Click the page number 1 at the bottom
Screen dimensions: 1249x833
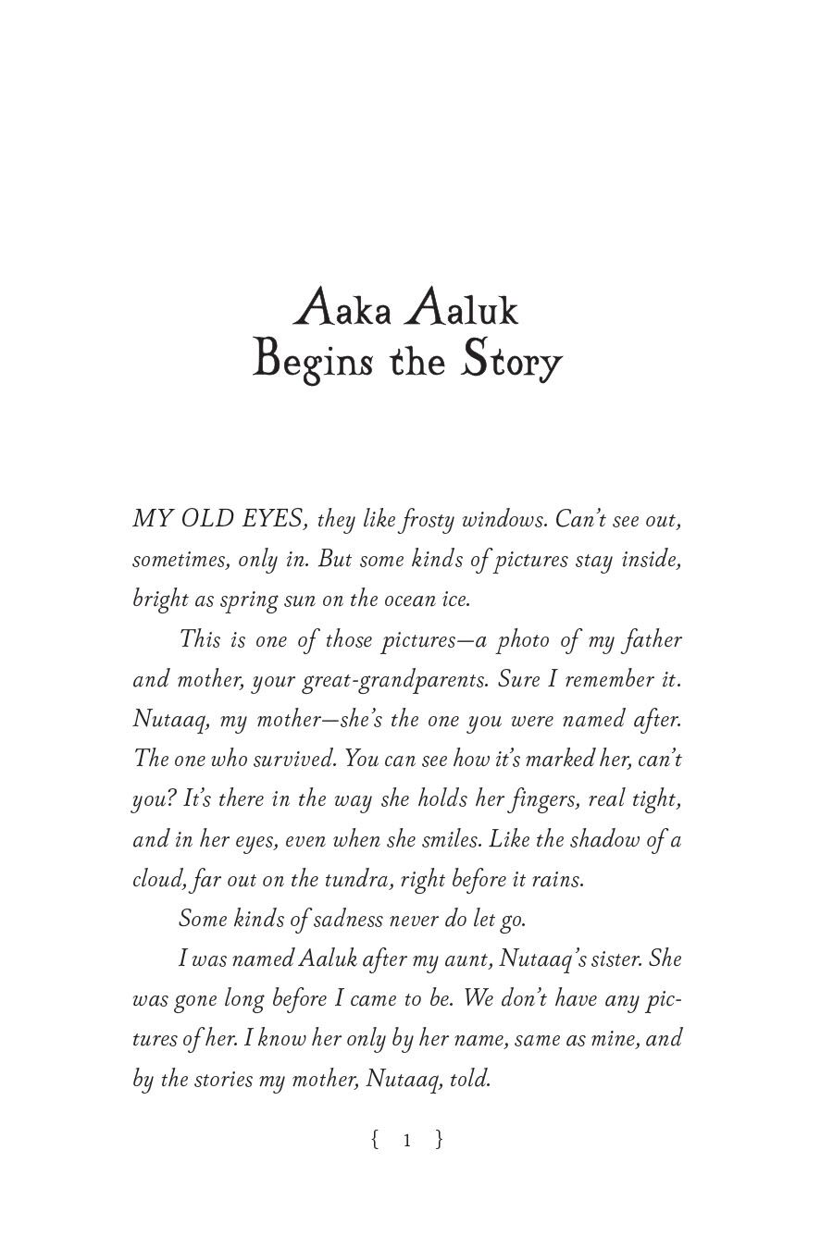(406, 1140)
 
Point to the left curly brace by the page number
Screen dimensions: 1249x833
(375, 1140)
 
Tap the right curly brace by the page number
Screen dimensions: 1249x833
(439, 1140)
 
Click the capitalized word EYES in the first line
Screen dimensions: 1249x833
(269, 519)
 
